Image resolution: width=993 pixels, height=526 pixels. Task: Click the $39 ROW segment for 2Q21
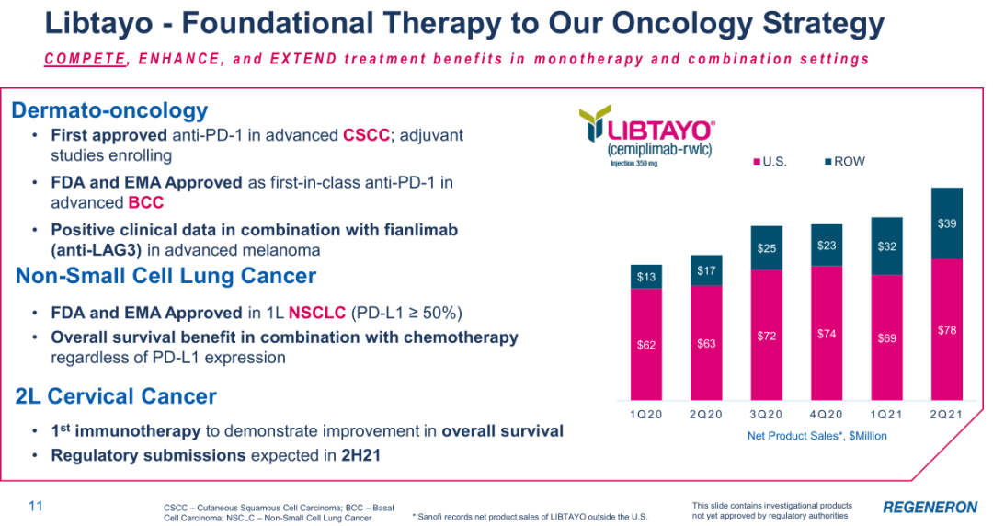(947, 223)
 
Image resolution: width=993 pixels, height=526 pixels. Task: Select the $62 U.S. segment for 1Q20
(646, 344)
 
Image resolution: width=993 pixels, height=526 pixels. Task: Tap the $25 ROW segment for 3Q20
(766, 247)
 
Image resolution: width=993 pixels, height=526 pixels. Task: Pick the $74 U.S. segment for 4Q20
(827, 333)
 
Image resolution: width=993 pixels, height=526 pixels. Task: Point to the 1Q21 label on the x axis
(886, 415)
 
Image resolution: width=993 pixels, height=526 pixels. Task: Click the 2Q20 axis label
(705, 415)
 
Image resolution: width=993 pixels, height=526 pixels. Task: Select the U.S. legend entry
(770, 162)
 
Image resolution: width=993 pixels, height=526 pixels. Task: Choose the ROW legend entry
(845, 162)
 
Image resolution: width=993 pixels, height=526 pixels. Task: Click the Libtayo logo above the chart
(647, 135)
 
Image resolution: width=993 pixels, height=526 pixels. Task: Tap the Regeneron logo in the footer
(930, 507)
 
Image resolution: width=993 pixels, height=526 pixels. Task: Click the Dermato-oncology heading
(109, 110)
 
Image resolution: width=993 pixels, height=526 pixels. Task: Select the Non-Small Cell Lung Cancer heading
(165, 276)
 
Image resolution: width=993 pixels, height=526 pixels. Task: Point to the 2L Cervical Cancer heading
(116, 396)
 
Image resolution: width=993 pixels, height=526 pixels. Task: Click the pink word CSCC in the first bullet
(366, 135)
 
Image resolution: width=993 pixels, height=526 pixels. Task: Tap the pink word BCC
(145, 203)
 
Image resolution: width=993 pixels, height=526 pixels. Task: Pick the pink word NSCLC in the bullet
(317, 313)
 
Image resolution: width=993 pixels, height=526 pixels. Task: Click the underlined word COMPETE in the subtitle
(86, 59)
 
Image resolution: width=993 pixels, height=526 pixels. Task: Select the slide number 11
(36, 506)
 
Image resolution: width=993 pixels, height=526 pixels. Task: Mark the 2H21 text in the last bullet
(361, 456)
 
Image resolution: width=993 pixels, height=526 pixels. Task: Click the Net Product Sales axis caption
(817, 436)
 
